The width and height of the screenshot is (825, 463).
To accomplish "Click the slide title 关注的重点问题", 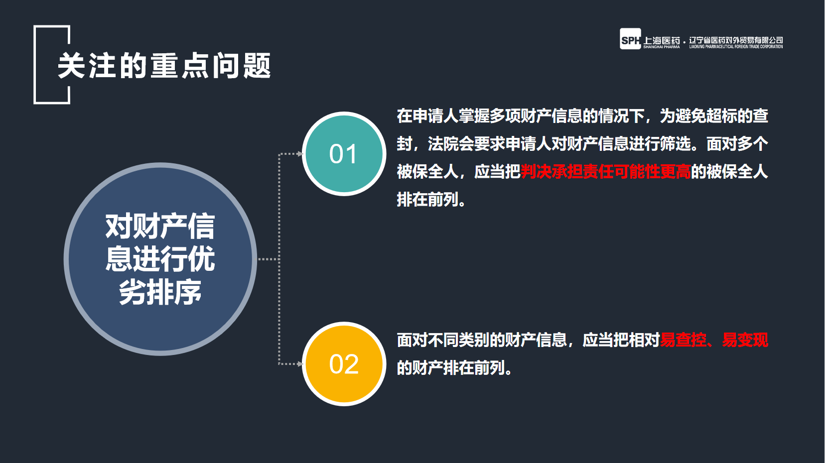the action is point(164,66).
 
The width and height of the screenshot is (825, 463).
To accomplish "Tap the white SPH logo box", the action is point(630,39).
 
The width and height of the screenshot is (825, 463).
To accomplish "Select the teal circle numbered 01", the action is point(344,154).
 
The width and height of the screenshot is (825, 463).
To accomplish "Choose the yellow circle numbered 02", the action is point(344,364).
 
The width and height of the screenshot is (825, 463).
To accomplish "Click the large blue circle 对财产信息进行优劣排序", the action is point(160,259).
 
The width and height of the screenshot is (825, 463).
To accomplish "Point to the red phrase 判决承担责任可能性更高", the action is point(605,172).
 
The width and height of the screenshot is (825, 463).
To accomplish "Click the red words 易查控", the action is point(683,340).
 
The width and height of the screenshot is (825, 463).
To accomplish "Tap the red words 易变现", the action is point(745,340).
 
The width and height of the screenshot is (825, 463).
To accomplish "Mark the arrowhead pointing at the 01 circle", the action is point(300,154).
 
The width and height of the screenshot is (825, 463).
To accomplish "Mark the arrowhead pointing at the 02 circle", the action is point(300,364).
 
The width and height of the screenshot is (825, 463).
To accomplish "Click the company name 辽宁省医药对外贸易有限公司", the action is point(736,40).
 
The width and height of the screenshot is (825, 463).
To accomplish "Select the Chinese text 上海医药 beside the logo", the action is point(662,40).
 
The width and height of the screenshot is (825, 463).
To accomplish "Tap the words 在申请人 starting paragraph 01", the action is point(427,116).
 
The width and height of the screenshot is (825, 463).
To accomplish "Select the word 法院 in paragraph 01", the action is point(443,144).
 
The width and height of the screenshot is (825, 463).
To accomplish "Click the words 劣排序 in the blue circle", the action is point(160,292).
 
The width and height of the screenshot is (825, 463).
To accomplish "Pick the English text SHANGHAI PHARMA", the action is point(662,47).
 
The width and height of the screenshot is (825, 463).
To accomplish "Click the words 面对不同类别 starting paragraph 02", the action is point(443,340).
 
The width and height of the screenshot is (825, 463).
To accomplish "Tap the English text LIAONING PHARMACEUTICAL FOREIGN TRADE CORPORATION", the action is point(736,47).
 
